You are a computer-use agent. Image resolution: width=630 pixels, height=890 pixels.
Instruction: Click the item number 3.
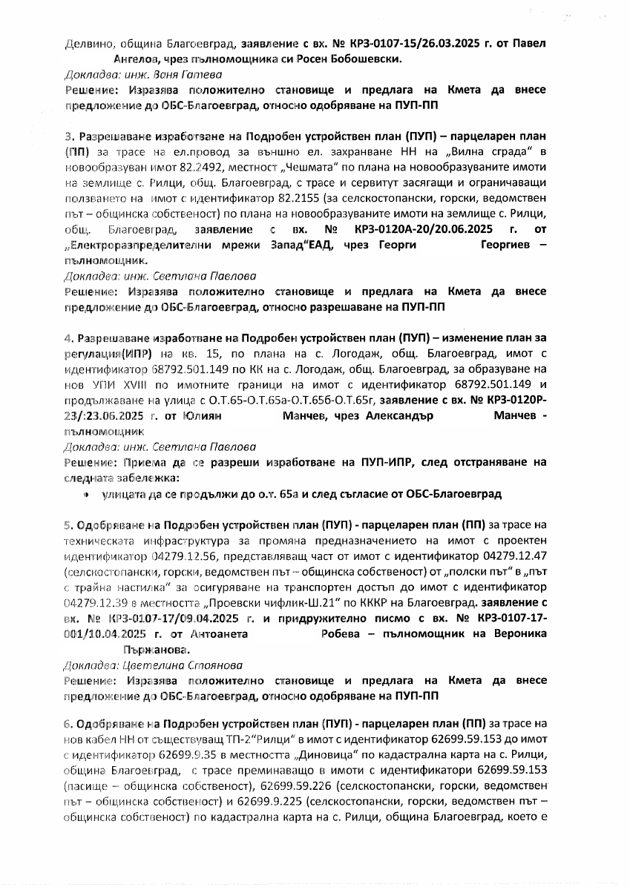click(68, 138)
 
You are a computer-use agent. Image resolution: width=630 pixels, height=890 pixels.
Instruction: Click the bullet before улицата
click(87, 493)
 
